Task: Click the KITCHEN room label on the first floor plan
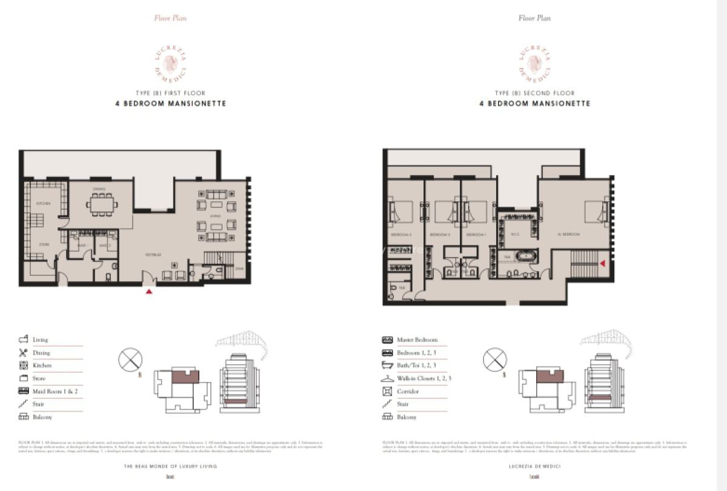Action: (x=43, y=204)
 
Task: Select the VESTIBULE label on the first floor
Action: (x=153, y=255)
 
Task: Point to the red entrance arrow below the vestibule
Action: (x=149, y=292)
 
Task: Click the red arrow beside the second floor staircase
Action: (x=602, y=263)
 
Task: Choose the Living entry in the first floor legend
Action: (x=40, y=340)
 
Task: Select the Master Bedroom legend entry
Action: (x=417, y=340)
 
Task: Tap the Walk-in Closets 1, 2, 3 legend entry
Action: (x=423, y=379)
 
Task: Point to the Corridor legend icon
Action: (x=387, y=392)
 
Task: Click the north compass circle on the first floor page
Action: (x=130, y=359)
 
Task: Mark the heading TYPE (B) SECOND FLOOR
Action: (x=534, y=93)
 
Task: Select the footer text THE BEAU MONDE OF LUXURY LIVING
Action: (x=170, y=466)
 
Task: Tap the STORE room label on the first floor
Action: (x=44, y=244)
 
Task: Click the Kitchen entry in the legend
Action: (x=42, y=366)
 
